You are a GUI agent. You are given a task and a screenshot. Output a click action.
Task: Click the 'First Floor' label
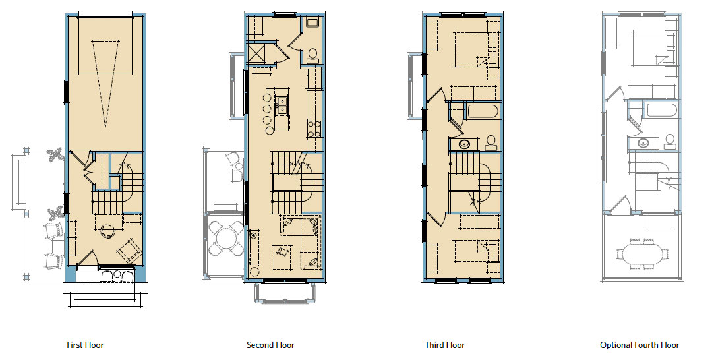tap(85, 345)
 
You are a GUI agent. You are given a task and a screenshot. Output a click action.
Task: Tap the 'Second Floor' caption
tap(270, 345)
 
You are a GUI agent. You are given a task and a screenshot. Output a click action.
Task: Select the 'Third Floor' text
tap(445, 345)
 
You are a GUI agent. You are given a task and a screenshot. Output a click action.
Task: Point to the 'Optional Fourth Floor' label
tap(639, 345)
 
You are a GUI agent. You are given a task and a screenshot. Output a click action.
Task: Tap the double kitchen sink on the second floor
tap(282, 103)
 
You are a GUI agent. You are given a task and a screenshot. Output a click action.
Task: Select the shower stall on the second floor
tap(257, 52)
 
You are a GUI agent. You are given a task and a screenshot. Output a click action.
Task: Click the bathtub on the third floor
tap(483, 111)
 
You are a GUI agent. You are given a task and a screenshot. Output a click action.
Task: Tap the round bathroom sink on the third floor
tap(464, 144)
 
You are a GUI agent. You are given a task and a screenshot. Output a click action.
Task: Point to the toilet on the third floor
tap(491, 141)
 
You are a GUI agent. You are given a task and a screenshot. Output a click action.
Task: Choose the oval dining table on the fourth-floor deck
tap(640, 254)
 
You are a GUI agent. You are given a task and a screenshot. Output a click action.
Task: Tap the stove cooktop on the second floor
tap(314, 128)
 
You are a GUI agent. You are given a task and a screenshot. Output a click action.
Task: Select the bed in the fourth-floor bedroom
tap(649, 48)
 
